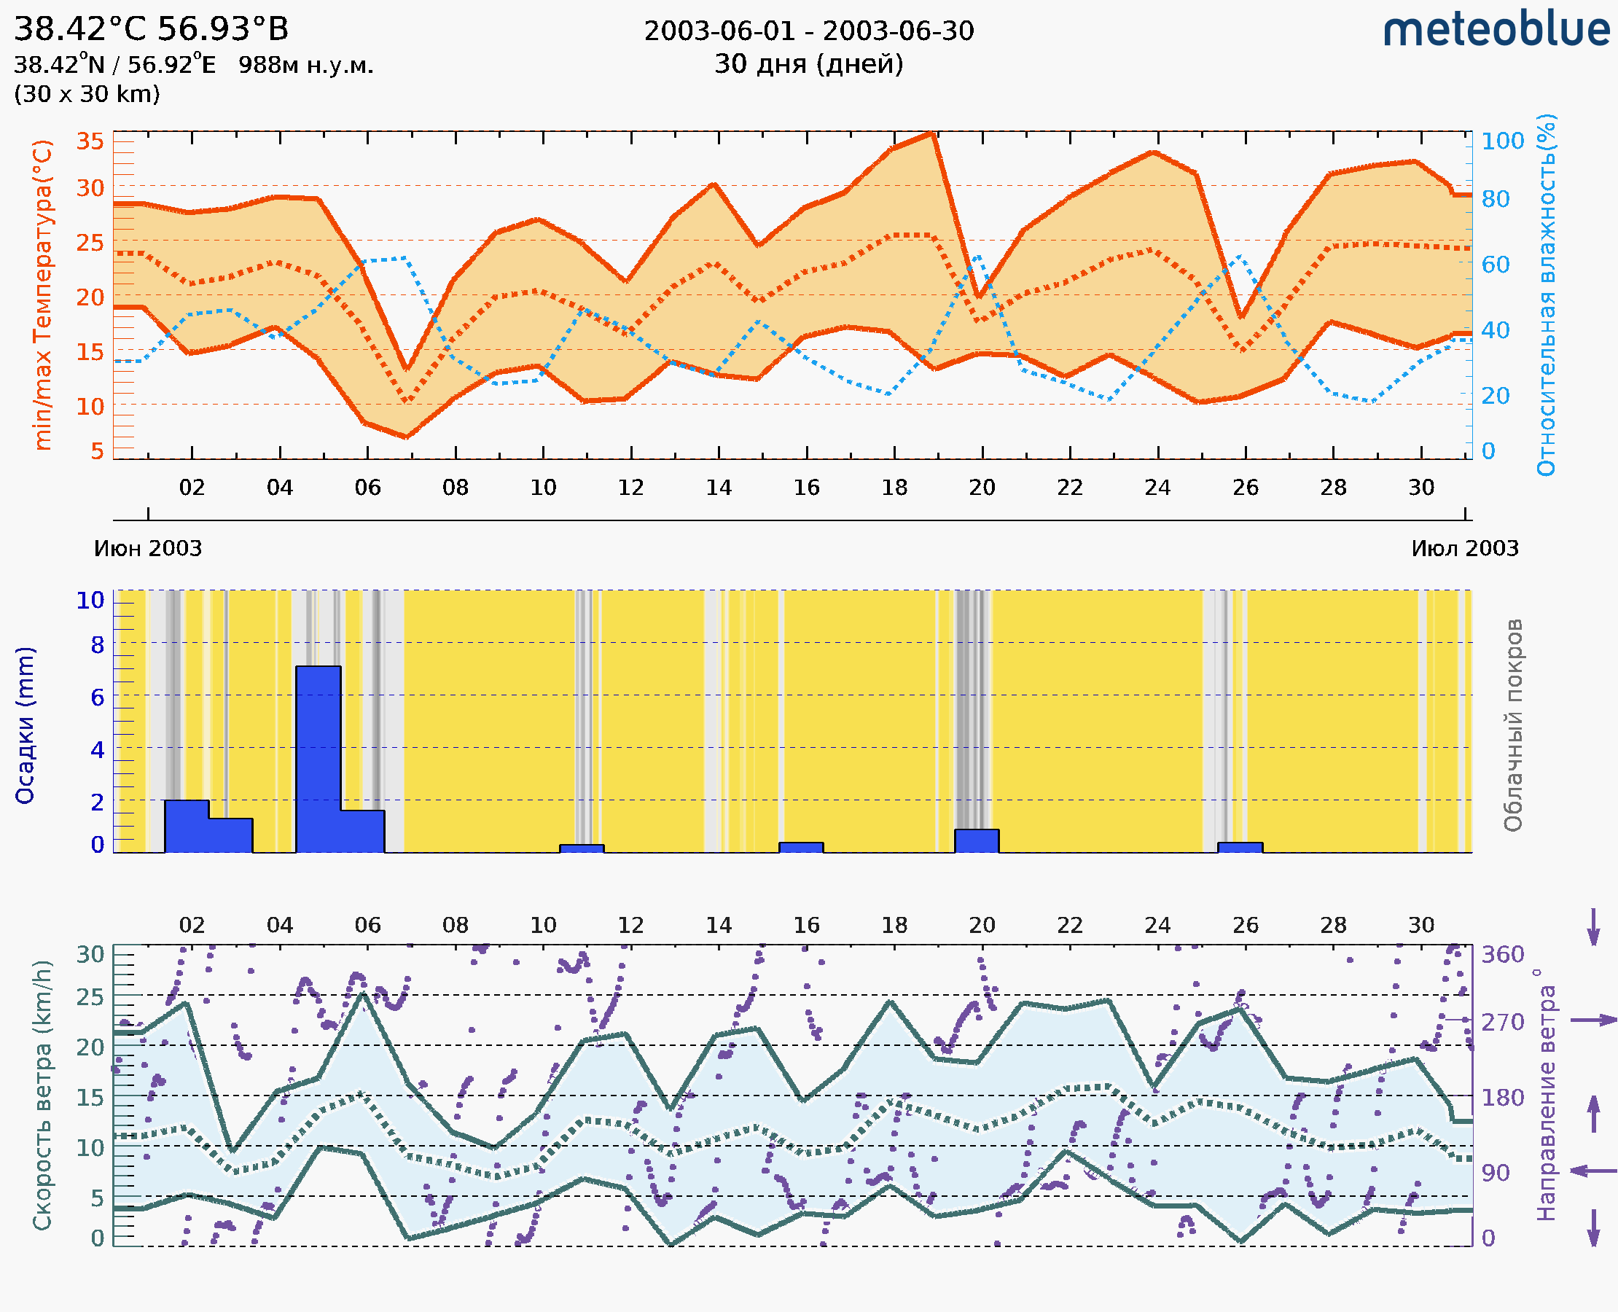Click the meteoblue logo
point(1496,30)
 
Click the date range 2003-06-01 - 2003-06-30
point(808,31)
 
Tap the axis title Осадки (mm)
point(25,725)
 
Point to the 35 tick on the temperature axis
point(90,141)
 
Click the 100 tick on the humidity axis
point(1502,141)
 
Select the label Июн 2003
point(148,549)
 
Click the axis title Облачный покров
point(1513,725)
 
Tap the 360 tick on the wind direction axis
point(1502,955)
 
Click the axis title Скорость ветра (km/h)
point(42,1095)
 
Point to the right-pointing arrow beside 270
point(1593,1020)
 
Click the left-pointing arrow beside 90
point(1593,1171)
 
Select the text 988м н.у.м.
point(306,66)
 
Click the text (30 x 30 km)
point(87,95)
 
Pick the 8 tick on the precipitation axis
point(98,645)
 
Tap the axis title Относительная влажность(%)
point(1546,294)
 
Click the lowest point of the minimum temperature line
point(407,437)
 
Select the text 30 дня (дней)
point(808,64)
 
